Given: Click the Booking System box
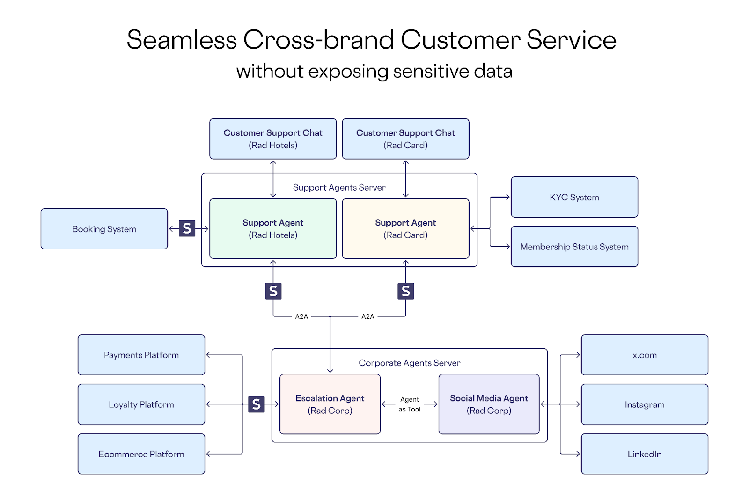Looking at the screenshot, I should coord(104,229).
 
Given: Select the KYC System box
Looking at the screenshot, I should coord(574,197).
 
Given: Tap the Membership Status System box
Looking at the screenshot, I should coord(574,247).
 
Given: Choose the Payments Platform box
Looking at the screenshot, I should coord(141,355).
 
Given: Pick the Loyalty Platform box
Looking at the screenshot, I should coord(141,404).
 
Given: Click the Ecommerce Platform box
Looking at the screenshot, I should coord(141,454).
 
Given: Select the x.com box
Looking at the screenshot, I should coord(644,355).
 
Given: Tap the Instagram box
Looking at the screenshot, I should coord(644,404).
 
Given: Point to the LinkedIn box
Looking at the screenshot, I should coord(644,454).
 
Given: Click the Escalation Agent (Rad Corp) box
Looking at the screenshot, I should coord(330,404).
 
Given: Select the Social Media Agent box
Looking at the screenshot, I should coord(489,404).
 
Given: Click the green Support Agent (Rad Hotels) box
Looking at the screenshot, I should coord(273,228).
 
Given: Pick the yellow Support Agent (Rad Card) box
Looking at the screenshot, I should coord(405,228).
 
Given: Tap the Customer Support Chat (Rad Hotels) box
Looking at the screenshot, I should coord(273,139).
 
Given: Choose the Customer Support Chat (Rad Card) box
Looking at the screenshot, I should coord(405,139).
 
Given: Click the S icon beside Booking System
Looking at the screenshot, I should coord(187,228).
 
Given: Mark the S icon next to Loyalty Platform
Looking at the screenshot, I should coord(256,404).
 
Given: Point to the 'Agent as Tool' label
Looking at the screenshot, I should coord(410,404).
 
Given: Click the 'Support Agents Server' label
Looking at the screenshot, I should coord(339,187).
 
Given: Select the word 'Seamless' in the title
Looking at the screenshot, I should coord(182,40).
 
